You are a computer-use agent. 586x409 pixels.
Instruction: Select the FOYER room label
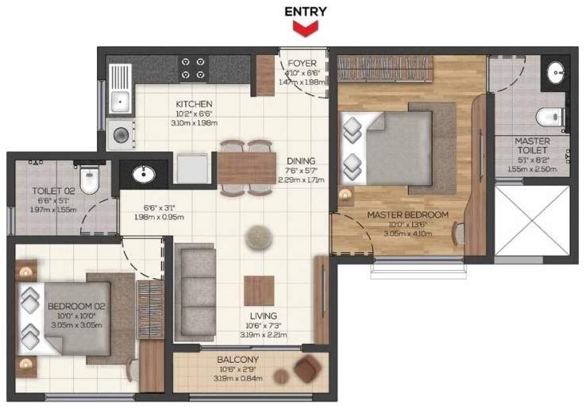point(302,64)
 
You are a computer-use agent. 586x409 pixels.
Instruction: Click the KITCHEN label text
point(194,104)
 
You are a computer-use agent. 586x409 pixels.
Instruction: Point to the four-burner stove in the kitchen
point(194,68)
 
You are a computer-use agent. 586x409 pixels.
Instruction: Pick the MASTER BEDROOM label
point(407,214)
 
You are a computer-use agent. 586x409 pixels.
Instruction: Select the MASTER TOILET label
point(532,146)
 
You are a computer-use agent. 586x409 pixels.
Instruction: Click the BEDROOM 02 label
point(71,306)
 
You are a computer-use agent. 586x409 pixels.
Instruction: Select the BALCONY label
point(239,359)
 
